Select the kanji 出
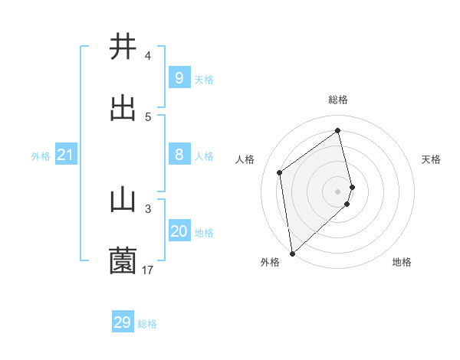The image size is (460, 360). pos(123,108)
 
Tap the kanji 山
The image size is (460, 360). pos(123,200)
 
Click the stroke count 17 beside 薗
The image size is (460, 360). pos(147,270)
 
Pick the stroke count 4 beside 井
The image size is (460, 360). pos(147,55)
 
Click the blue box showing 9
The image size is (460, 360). pos(179,77)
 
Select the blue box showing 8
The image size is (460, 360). pos(179,155)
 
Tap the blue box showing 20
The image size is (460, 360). pos(179,231)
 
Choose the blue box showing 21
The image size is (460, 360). pos(66,155)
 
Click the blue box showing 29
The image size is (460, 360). pos(123,322)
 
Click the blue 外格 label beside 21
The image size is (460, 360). pos(41,155)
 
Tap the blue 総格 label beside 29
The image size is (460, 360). pos(147,324)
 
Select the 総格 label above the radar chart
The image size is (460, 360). pos(338,100)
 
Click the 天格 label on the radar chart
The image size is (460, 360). pos(432,159)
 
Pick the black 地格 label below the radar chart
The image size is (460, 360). pos(402,262)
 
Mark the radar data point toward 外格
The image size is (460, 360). pos(292,253)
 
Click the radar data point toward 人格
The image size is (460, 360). pos(280,172)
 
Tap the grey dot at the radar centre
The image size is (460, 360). pos(338,191)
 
